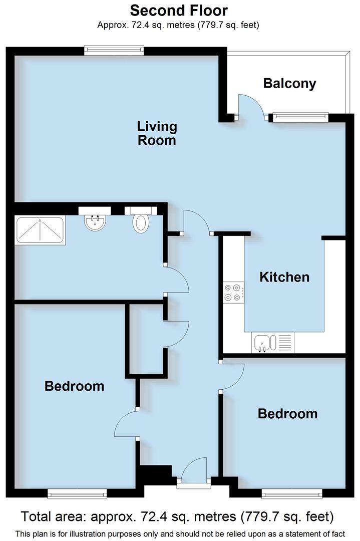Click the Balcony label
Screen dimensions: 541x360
coord(289,83)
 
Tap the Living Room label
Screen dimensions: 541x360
coord(157,133)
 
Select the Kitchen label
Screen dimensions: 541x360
coord(284,277)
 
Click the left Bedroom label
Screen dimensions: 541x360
coord(74,386)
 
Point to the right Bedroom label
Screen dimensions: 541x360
coord(287,414)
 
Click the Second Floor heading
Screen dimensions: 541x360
coord(179,10)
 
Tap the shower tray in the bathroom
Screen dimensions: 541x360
coord(40,230)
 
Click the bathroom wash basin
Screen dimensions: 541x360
coord(95,222)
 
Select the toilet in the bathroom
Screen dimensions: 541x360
coord(141,221)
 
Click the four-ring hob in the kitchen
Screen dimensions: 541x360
coord(234,293)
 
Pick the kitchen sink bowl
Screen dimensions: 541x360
coord(262,343)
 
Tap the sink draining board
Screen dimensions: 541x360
coord(284,343)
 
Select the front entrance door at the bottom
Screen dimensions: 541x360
coord(194,472)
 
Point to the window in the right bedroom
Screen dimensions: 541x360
coord(292,494)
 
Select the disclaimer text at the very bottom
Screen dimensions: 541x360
coord(180,533)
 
